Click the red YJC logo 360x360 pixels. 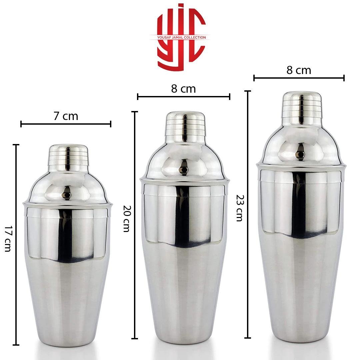click(181, 37)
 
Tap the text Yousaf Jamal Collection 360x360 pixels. click(181, 37)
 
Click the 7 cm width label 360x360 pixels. click(66, 116)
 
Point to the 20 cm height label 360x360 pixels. click(127, 219)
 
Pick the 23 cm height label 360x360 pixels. click(240, 208)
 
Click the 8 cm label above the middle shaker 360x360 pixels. click(183, 89)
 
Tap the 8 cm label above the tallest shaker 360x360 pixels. click(299, 70)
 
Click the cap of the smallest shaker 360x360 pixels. click(68, 156)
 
